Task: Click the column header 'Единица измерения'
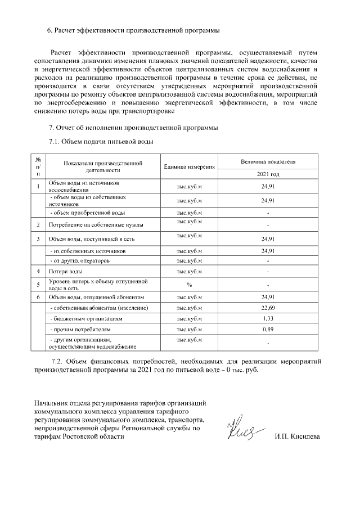(189, 167)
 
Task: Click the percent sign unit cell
(189, 284)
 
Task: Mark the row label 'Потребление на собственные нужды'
(96, 225)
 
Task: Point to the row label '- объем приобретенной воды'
(87, 213)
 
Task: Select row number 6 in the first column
(38, 296)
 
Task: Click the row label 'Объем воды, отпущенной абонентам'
(97, 296)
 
